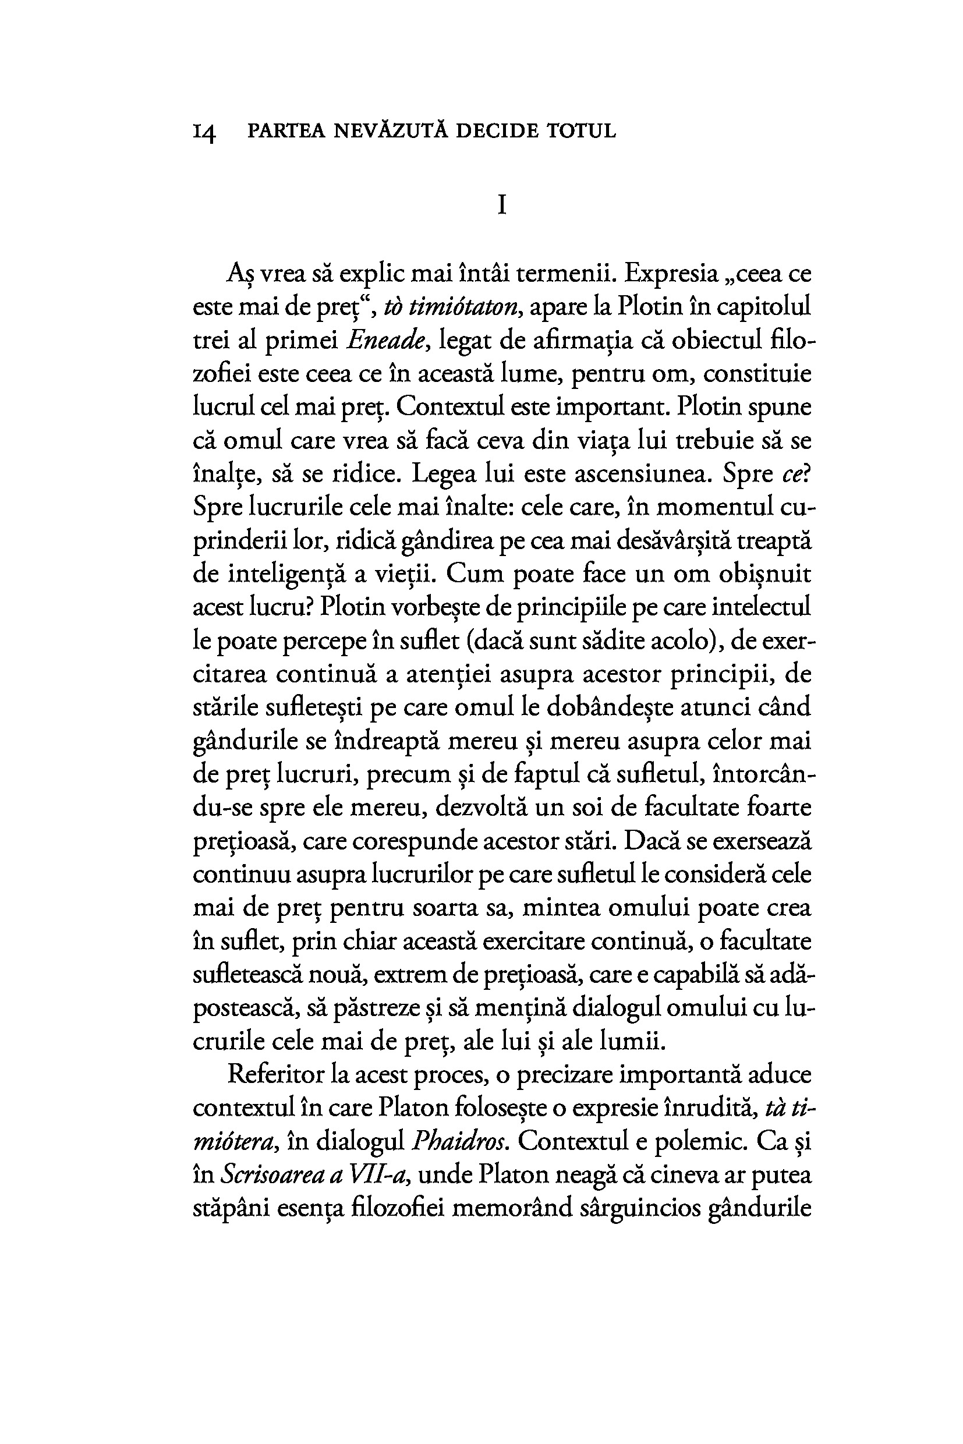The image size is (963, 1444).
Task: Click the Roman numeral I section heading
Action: [502, 204]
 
